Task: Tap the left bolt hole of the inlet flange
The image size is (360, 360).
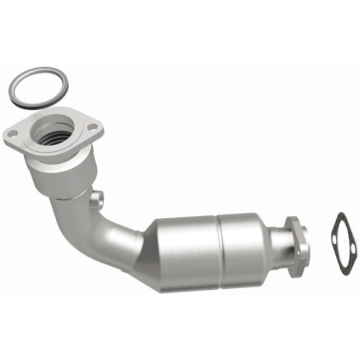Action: tap(13, 133)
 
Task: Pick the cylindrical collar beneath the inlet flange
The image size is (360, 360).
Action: tap(63, 175)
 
